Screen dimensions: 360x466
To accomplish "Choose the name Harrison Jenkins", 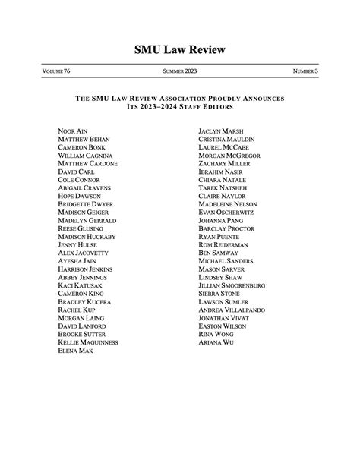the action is [x=86, y=269].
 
